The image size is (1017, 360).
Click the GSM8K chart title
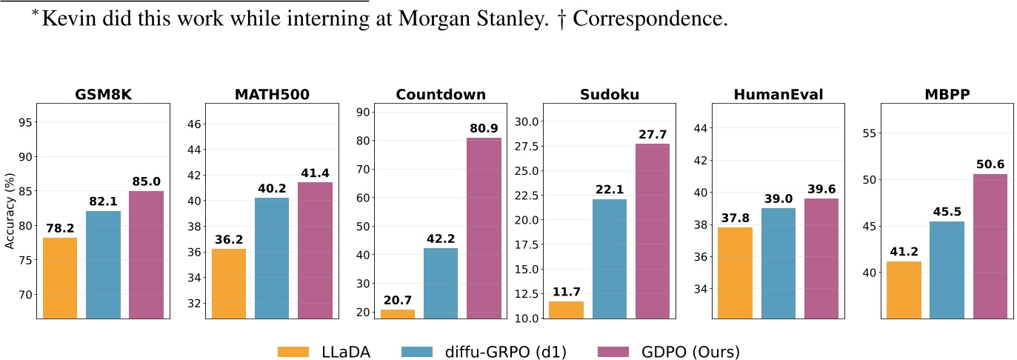[104, 95]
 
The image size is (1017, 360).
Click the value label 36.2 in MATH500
[228, 240]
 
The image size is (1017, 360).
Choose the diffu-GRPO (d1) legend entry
[484, 351]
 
